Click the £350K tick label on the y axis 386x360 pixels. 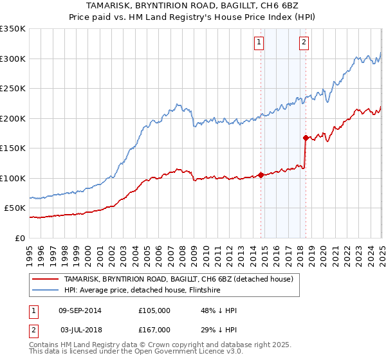[13, 29]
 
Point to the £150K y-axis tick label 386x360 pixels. [13, 148]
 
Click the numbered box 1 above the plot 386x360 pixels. [259, 43]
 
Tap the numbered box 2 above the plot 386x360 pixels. [303, 43]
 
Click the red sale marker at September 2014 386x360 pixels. [261, 174]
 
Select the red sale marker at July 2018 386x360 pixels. [305, 137]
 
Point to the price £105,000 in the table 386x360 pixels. [154, 310]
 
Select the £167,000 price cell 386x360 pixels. [154, 330]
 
